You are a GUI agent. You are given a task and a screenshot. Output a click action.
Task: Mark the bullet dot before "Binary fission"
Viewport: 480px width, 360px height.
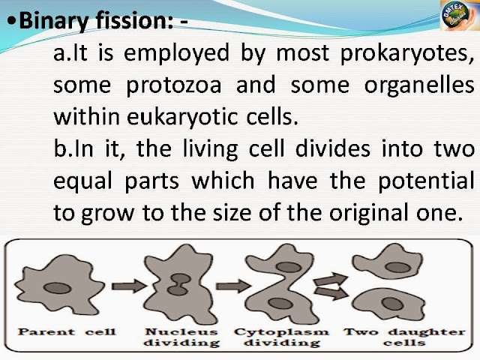click(x=9, y=22)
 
